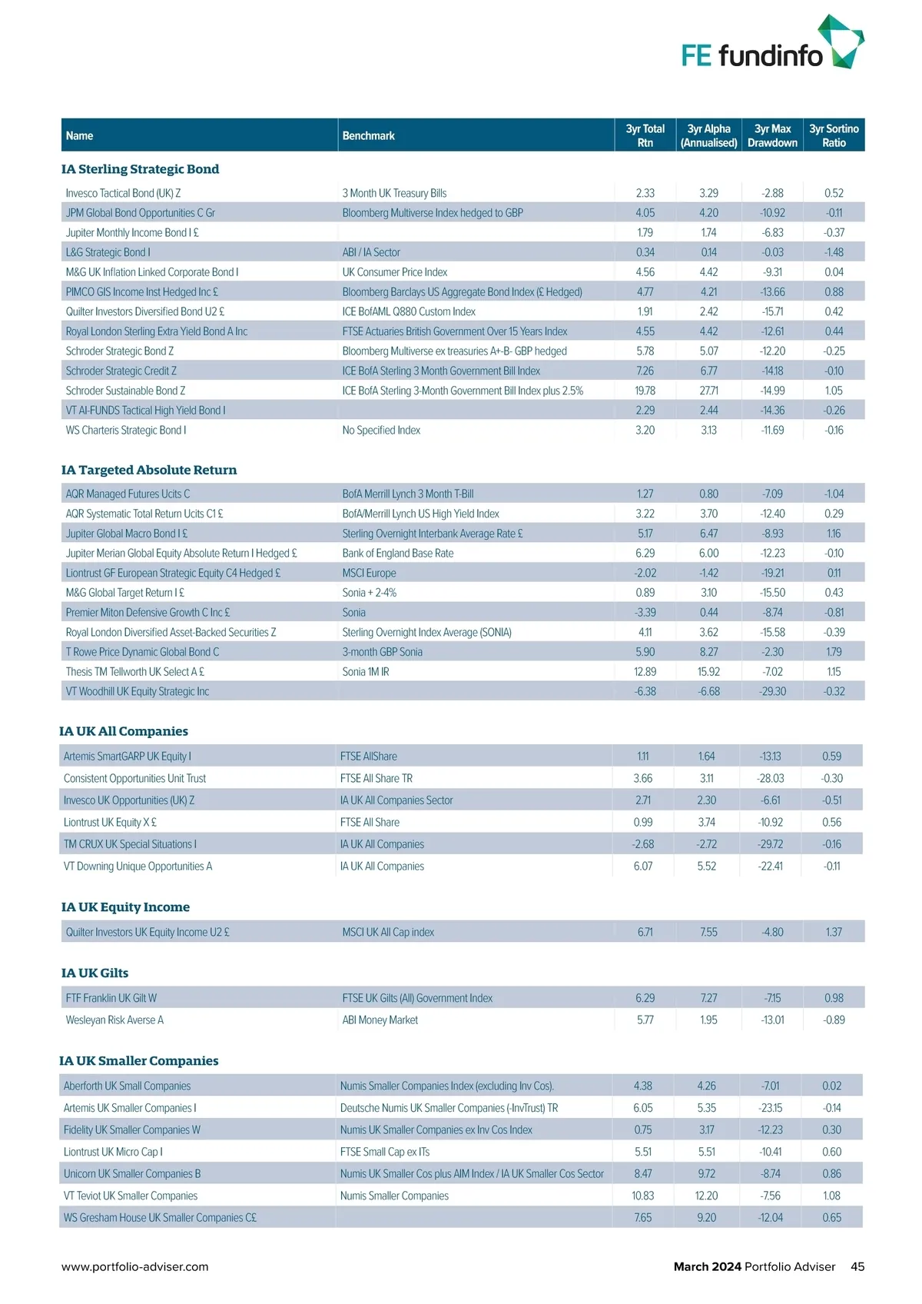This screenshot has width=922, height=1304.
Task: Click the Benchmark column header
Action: (x=369, y=136)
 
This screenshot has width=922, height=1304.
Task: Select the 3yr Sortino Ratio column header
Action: (x=834, y=135)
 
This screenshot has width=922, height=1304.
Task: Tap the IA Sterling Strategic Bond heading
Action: (x=140, y=169)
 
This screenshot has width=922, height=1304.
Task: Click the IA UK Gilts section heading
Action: (x=95, y=973)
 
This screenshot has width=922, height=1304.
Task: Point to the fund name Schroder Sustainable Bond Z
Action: (x=125, y=391)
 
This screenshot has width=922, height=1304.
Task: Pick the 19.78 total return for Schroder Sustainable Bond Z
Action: (x=645, y=391)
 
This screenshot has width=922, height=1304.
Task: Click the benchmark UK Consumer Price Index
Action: (x=395, y=272)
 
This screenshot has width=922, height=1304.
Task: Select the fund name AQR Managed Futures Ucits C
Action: (x=128, y=494)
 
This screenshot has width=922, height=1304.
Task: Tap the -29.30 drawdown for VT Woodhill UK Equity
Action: (x=772, y=692)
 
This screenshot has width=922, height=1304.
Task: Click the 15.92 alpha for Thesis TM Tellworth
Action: (x=708, y=672)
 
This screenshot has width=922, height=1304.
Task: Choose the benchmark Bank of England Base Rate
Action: (x=398, y=554)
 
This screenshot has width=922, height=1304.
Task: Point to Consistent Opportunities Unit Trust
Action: (x=134, y=779)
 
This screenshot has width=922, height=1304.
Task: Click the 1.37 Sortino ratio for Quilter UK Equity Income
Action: (x=834, y=933)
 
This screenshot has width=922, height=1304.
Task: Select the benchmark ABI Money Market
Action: (x=380, y=1020)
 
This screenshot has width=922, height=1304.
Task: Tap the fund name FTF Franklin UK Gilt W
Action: (x=111, y=999)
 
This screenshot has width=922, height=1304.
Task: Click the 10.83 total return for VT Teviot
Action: (x=643, y=1196)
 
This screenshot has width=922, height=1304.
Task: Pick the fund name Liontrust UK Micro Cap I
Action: (x=113, y=1153)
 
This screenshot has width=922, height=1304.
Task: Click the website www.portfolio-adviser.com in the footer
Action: (x=135, y=1267)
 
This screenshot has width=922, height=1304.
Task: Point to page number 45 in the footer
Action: (x=857, y=1267)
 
